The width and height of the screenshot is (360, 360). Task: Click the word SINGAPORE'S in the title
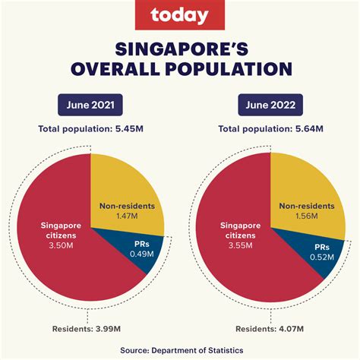[x=180, y=49]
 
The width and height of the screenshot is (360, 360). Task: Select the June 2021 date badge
[x=90, y=104]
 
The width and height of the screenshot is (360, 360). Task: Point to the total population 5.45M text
[x=90, y=130]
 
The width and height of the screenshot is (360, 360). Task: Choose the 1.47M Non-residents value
[x=128, y=217]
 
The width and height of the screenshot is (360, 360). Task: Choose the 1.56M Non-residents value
[x=306, y=217]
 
